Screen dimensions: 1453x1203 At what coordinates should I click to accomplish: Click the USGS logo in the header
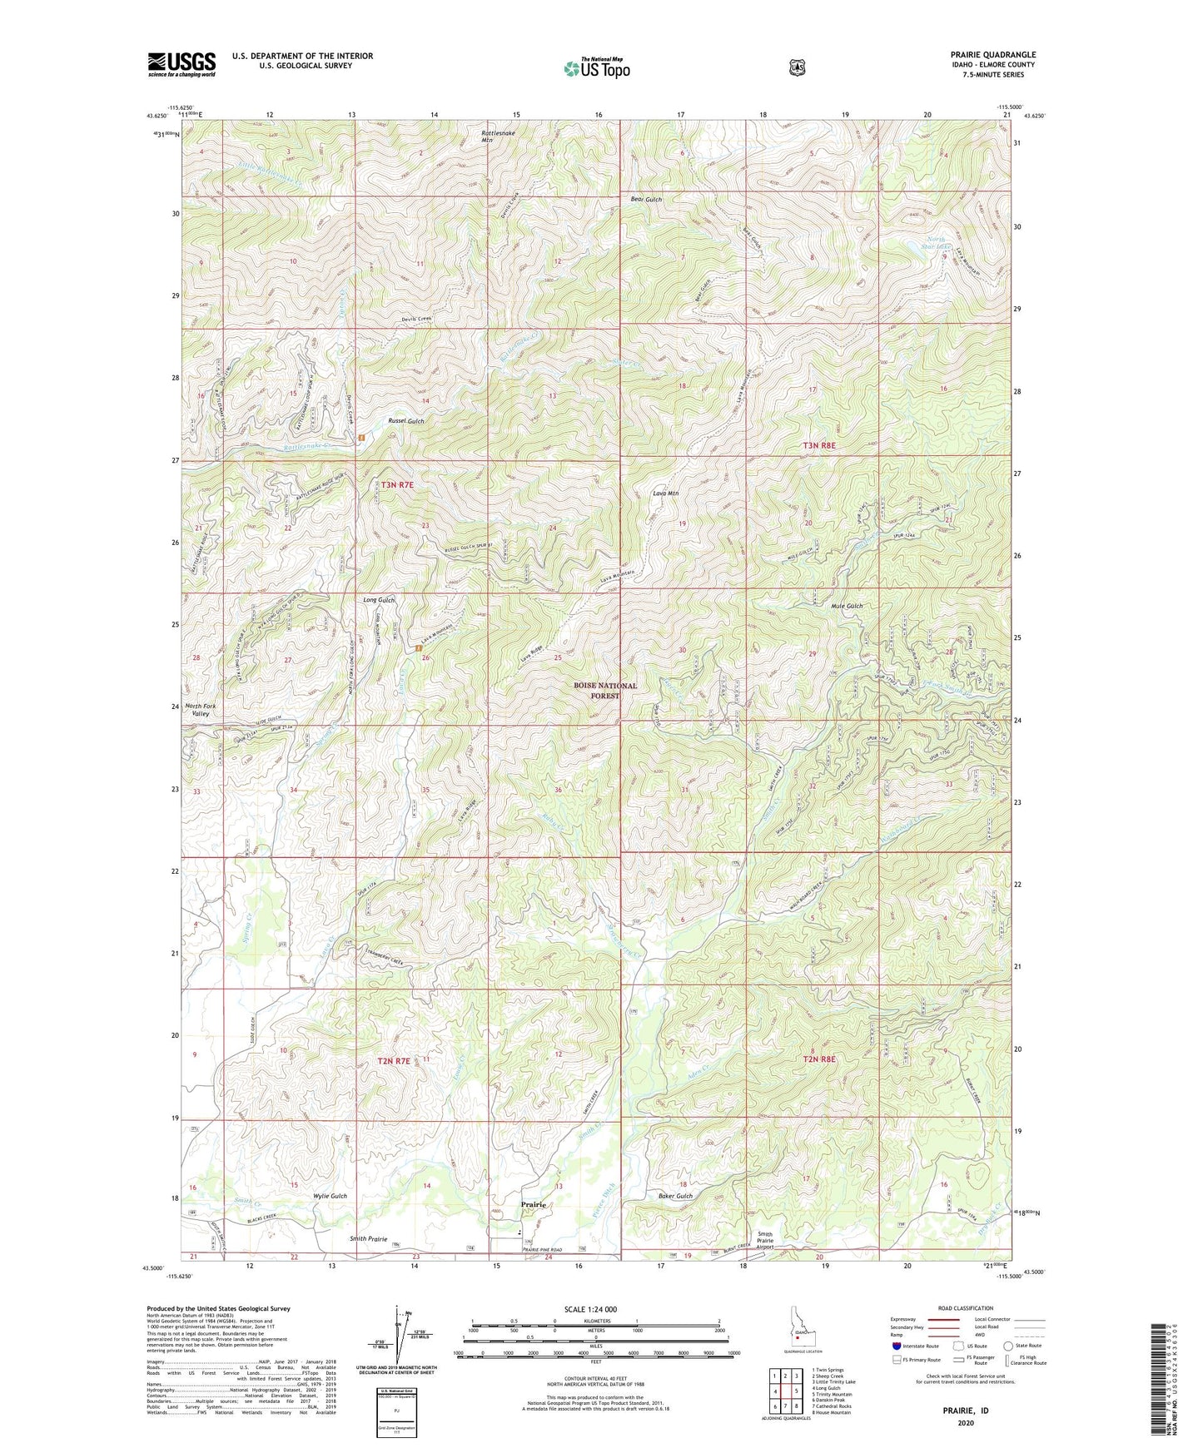tap(181, 64)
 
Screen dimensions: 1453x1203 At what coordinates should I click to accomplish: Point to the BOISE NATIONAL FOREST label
tap(605, 691)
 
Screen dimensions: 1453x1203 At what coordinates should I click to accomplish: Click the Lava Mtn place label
tap(665, 493)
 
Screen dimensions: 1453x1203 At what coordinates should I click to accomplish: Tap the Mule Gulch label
tap(848, 606)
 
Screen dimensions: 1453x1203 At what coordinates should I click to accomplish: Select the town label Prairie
tap(534, 1204)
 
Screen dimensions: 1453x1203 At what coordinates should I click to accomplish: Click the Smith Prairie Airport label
tap(766, 1241)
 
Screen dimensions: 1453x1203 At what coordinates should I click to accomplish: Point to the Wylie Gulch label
tap(330, 1196)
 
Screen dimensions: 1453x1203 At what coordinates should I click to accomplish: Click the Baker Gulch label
tap(675, 1196)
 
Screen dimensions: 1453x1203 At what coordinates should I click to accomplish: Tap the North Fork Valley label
tap(199, 710)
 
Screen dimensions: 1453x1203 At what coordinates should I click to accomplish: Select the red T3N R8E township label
tap(818, 446)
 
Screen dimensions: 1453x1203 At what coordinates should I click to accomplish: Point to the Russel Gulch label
tap(406, 421)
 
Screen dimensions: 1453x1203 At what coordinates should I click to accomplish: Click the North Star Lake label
tap(938, 243)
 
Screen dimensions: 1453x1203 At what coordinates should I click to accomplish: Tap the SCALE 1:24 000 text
tap(590, 1309)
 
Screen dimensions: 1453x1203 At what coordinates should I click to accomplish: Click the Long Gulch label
tap(379, 600)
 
